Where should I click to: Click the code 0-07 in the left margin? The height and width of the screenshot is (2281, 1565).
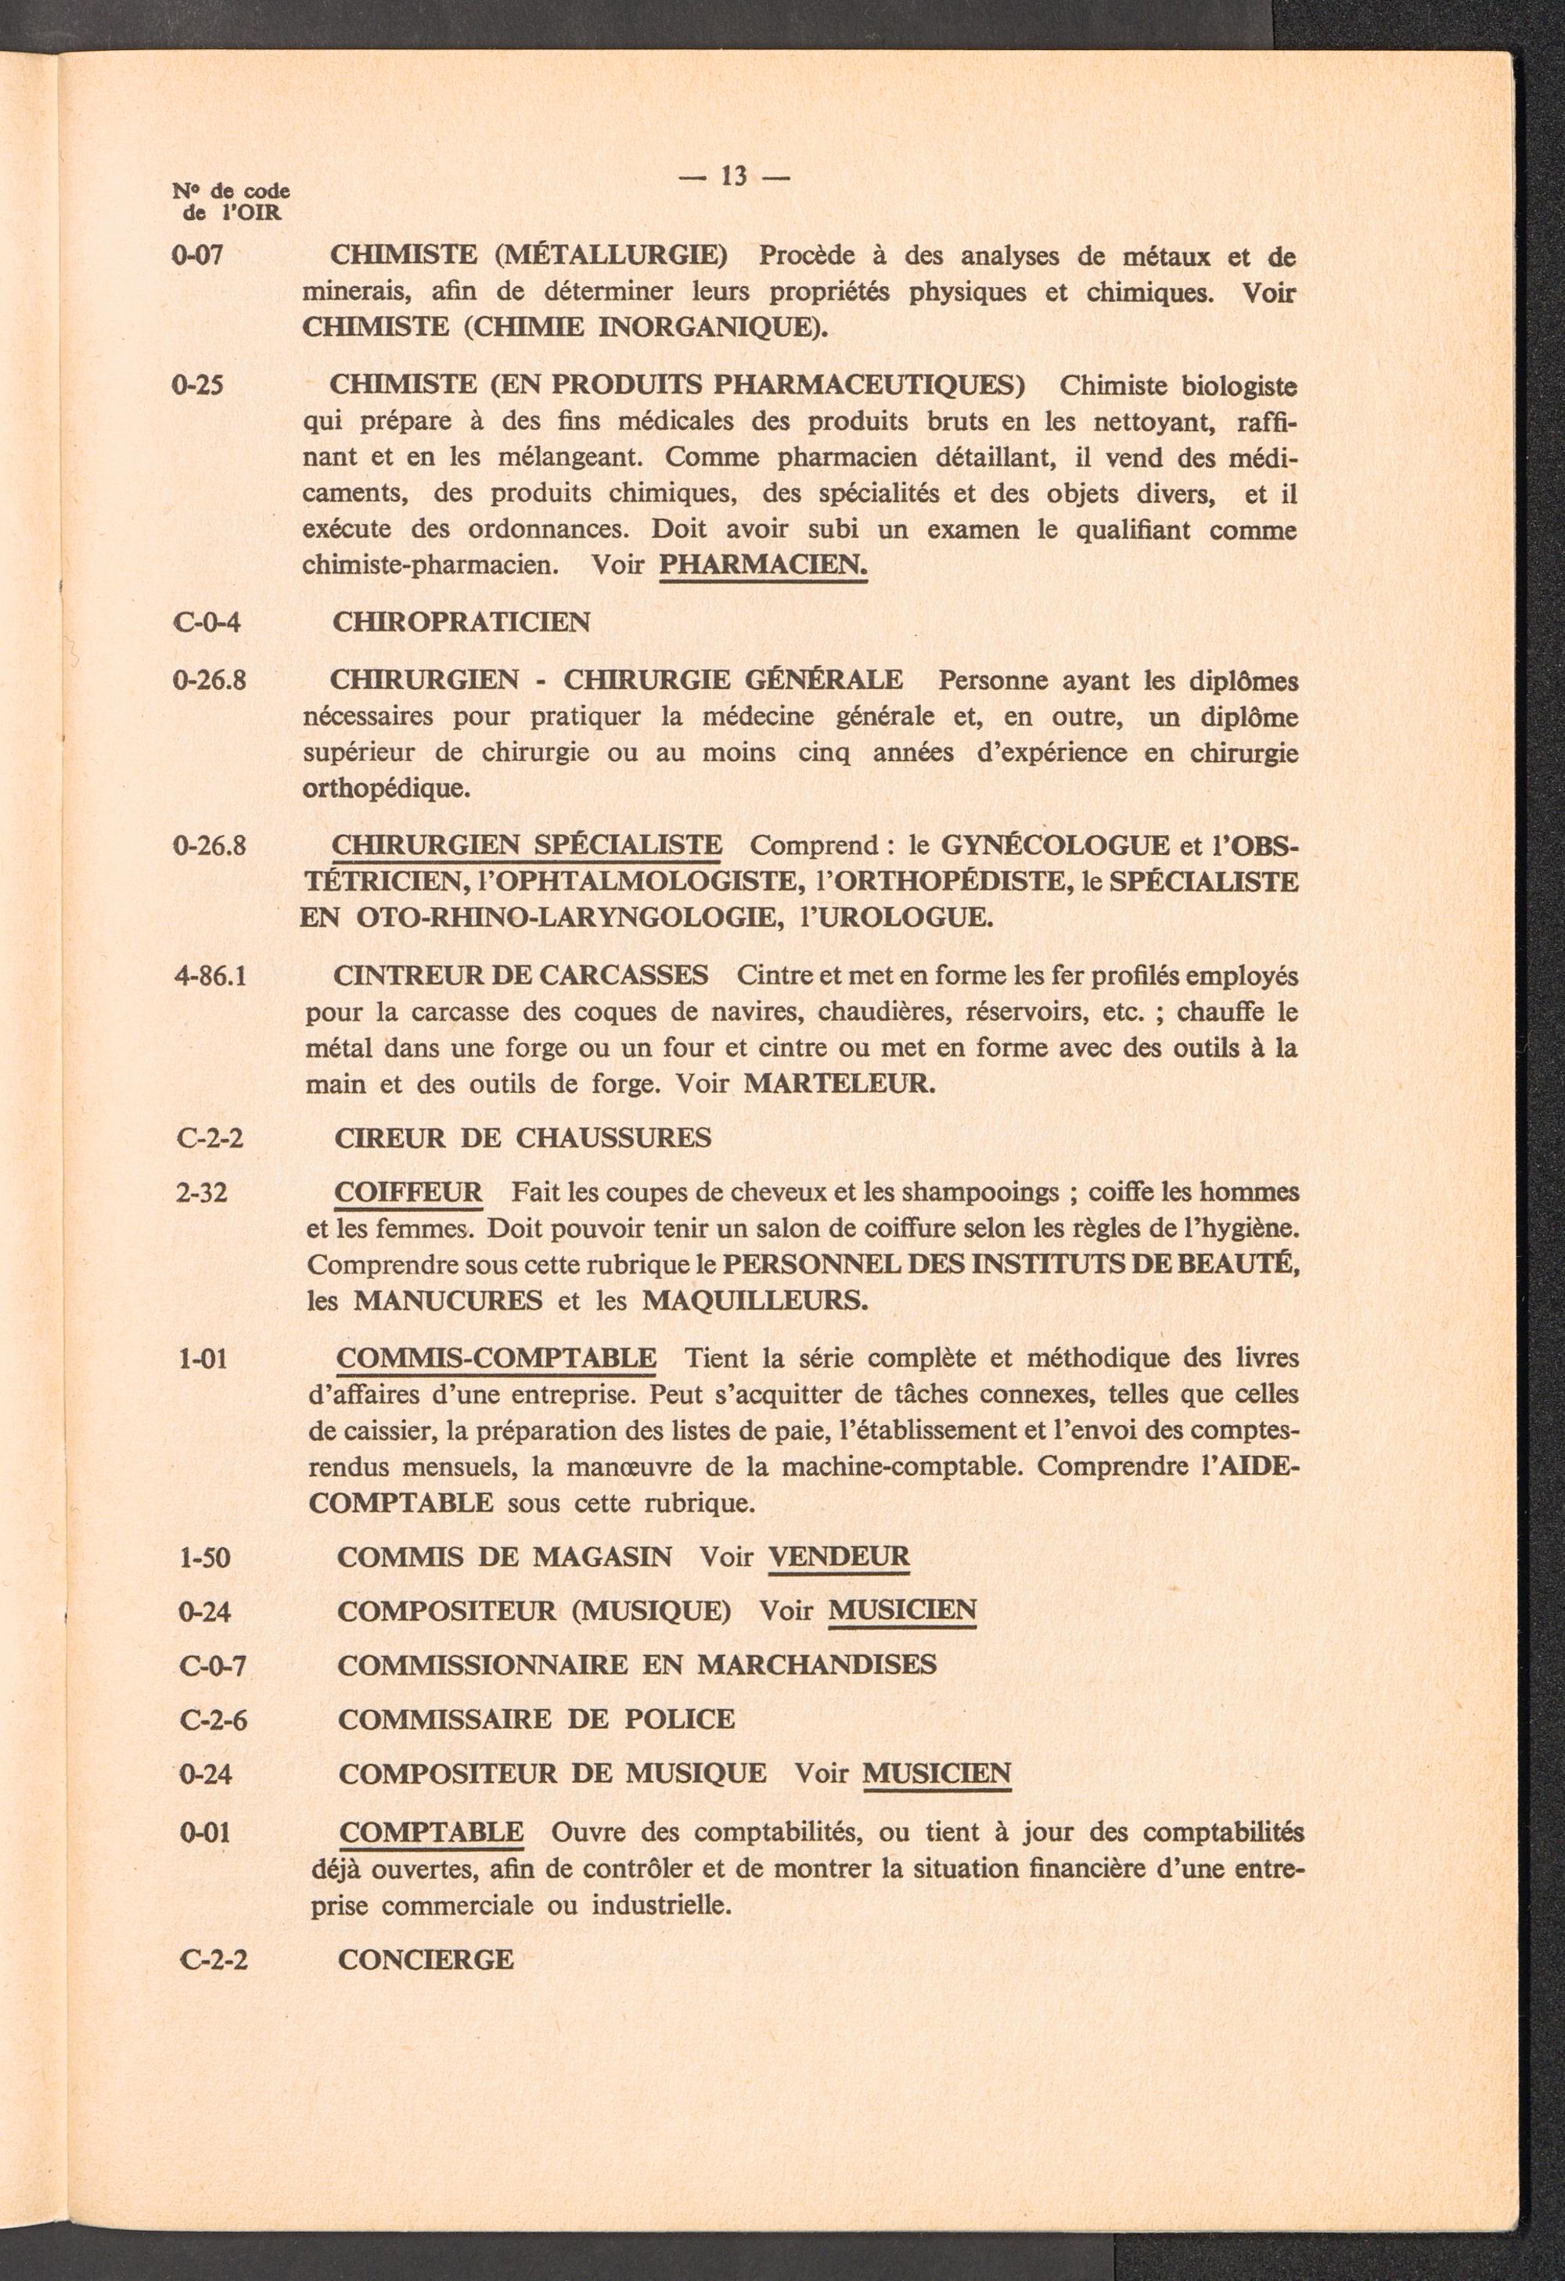coord(197,256)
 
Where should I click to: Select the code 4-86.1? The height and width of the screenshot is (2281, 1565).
coord(210,976)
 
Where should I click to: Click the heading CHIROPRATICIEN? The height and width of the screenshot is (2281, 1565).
coord(462,623)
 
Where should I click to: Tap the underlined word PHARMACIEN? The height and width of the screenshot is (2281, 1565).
coord(764,566)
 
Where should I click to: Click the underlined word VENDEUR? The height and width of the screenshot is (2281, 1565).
coord(840,1557)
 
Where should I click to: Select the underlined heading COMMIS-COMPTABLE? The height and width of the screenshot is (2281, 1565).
coord(497,1359)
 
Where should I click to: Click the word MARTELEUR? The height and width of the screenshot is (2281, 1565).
coord(840,1083)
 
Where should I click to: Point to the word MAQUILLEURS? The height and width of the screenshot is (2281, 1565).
coord(755,1302)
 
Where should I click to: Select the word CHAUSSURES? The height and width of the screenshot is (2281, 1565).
coord(613,1138)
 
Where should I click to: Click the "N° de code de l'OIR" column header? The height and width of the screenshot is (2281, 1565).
coord(231,201)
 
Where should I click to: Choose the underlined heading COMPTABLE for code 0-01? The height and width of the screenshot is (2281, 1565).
coord(431,1833)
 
